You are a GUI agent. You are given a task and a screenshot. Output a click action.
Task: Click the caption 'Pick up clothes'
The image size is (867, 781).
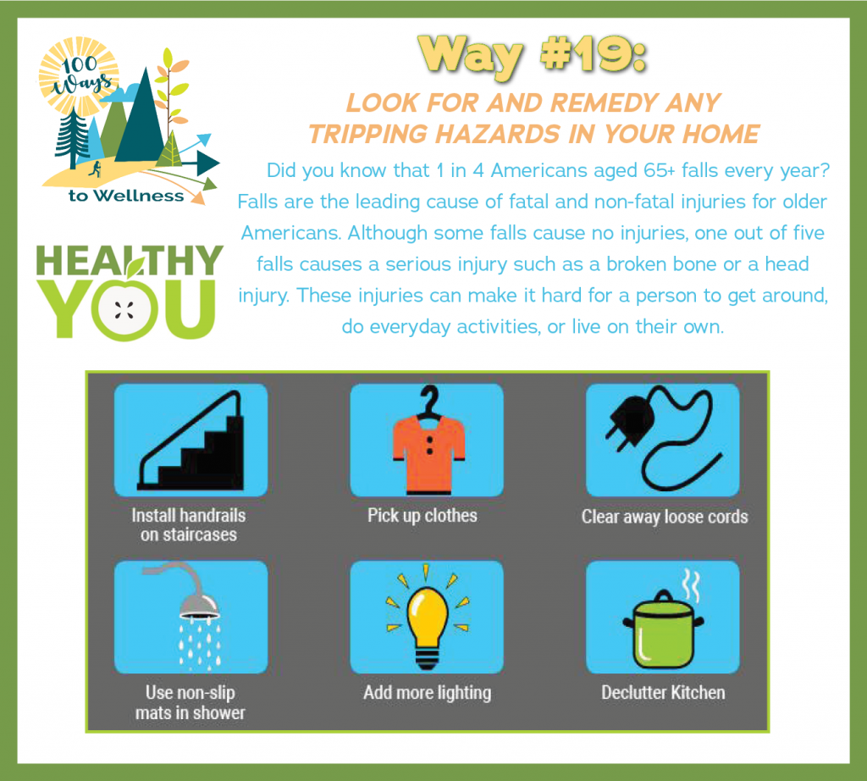pyautogui.click(x=422, y=516)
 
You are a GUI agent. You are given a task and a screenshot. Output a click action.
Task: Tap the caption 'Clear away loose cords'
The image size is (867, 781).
pyautogui.click(x=665, y=517)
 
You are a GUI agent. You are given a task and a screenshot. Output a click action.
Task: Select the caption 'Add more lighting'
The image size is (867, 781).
pyautogui.click(x=427, y=693)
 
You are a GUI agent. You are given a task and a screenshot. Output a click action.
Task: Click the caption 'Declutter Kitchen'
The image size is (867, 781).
pyautogui.click(x=663, y=693)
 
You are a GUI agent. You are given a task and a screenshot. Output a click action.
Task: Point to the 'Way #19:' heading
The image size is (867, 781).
pyautogui.click(x=532, y=55)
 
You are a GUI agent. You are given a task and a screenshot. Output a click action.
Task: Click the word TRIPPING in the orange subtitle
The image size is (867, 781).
pyautogui.click(x=368, y=135)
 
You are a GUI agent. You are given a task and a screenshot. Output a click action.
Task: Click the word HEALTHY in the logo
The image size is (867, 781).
pyautogui.click(x=130, y=260)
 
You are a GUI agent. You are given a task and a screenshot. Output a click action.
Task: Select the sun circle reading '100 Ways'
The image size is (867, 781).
pyautogui.click(x=79, y=76)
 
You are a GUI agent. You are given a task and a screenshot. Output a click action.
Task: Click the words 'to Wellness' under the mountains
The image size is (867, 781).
pyautogui.click(x=126, y=196)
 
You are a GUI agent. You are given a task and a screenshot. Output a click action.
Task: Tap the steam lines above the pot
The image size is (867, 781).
pyautogui.click(x=691, y=585)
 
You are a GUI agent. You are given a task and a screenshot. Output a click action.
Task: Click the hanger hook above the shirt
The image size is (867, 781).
pyautogui.click(x=429, y=401)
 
